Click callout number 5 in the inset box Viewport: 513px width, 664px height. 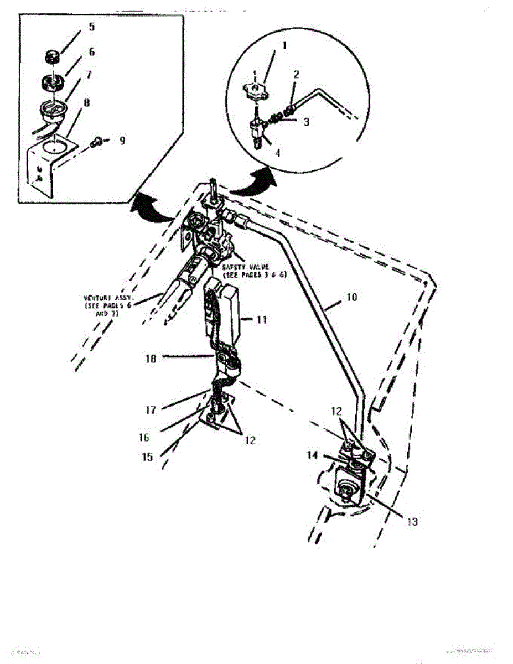click(x=91, y=26)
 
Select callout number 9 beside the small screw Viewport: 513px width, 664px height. click(x=122, y=141)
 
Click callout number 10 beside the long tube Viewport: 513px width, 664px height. click(x=353, y=297)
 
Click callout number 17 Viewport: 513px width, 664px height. click(x=151, y=410)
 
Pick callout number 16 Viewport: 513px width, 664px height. click(x=144, y=437)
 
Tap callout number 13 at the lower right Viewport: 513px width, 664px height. click(x=412, y=522)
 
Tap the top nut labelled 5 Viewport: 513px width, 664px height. click(x=53, y=56)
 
